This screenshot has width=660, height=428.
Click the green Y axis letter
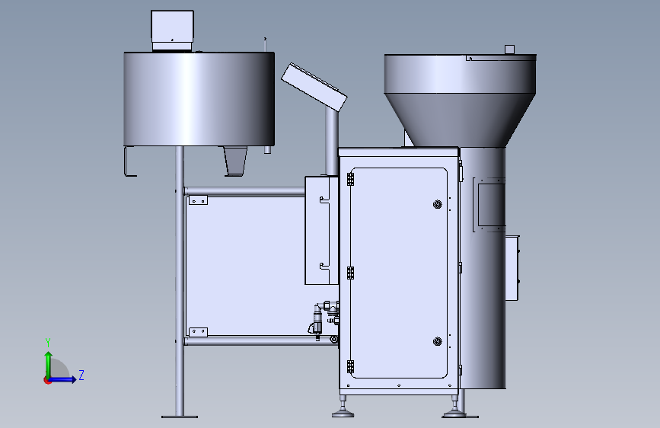[x=48, y=343]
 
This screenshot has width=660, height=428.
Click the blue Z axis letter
[x=81, y=375]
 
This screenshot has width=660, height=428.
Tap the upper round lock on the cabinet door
[x=437, y=205]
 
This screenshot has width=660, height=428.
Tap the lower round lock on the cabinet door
[x=437, y=341]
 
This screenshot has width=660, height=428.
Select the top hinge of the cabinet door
[x=350, y=179]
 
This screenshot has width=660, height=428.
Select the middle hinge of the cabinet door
[x=350, y=273]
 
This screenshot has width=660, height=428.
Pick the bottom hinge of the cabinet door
[x=350, y=367]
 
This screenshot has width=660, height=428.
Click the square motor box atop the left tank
[x=172, y=30]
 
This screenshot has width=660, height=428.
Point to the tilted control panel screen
[x=314, y=88]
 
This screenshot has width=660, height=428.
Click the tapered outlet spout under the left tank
[x=235, y=161]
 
